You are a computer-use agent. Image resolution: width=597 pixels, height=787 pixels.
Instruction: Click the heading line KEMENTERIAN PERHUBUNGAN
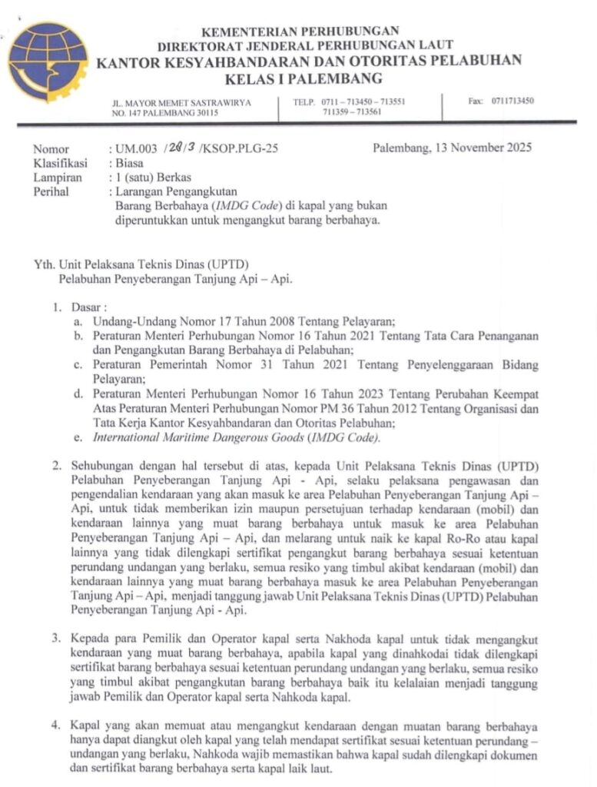coord(300,32)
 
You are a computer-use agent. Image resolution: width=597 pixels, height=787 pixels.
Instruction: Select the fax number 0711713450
coord(512,101)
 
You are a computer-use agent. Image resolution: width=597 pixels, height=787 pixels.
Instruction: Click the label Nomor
coord(51,149)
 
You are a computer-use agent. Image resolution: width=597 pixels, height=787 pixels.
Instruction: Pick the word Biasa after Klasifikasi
coord(131,163)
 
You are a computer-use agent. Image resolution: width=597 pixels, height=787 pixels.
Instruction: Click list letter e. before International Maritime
coord(78,437)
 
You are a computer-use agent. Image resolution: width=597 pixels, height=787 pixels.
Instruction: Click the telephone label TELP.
coord(305,101)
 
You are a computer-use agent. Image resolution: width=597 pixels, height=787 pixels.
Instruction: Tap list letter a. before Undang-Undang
coord(78,321)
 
